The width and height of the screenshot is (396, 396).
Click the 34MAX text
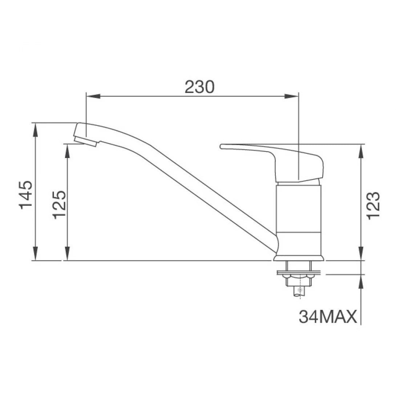click(x=327, y=317)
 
